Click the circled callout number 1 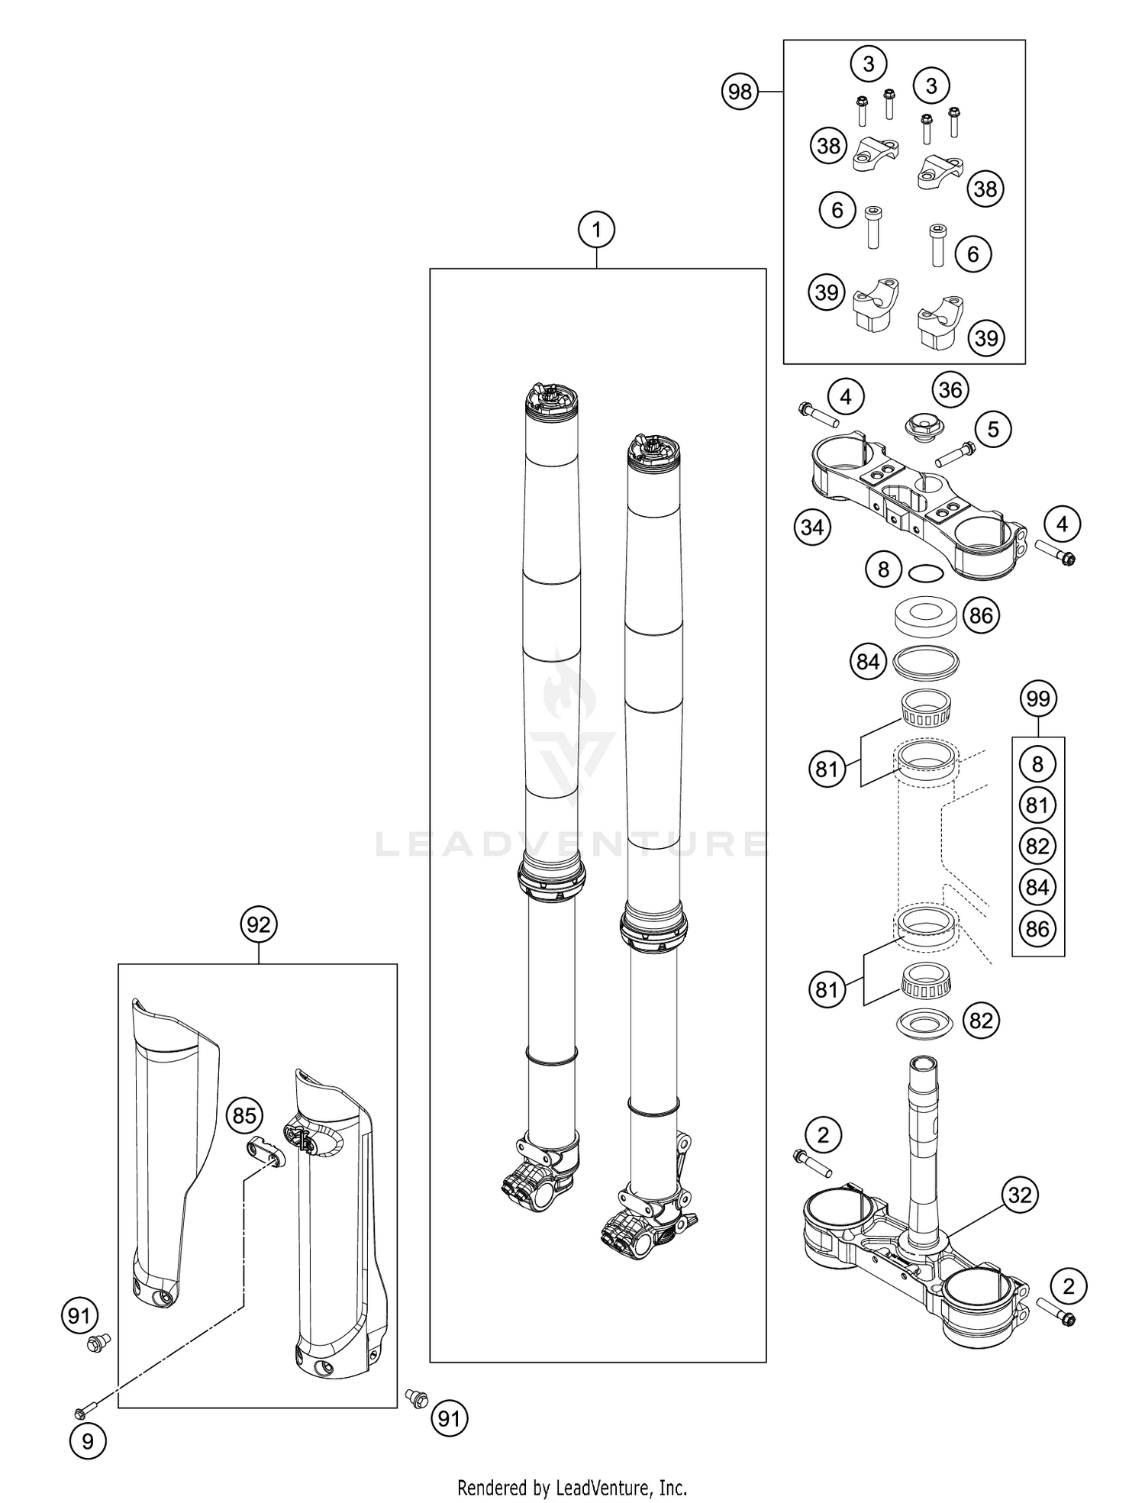597,229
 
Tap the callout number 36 950,390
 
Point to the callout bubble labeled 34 812,527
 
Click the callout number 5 992,429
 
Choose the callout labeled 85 244,1116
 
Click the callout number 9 88,1441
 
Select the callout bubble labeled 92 258,924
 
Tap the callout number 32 1020,1195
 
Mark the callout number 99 1038,698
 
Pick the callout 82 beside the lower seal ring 981,1021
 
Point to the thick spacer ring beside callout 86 925,615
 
